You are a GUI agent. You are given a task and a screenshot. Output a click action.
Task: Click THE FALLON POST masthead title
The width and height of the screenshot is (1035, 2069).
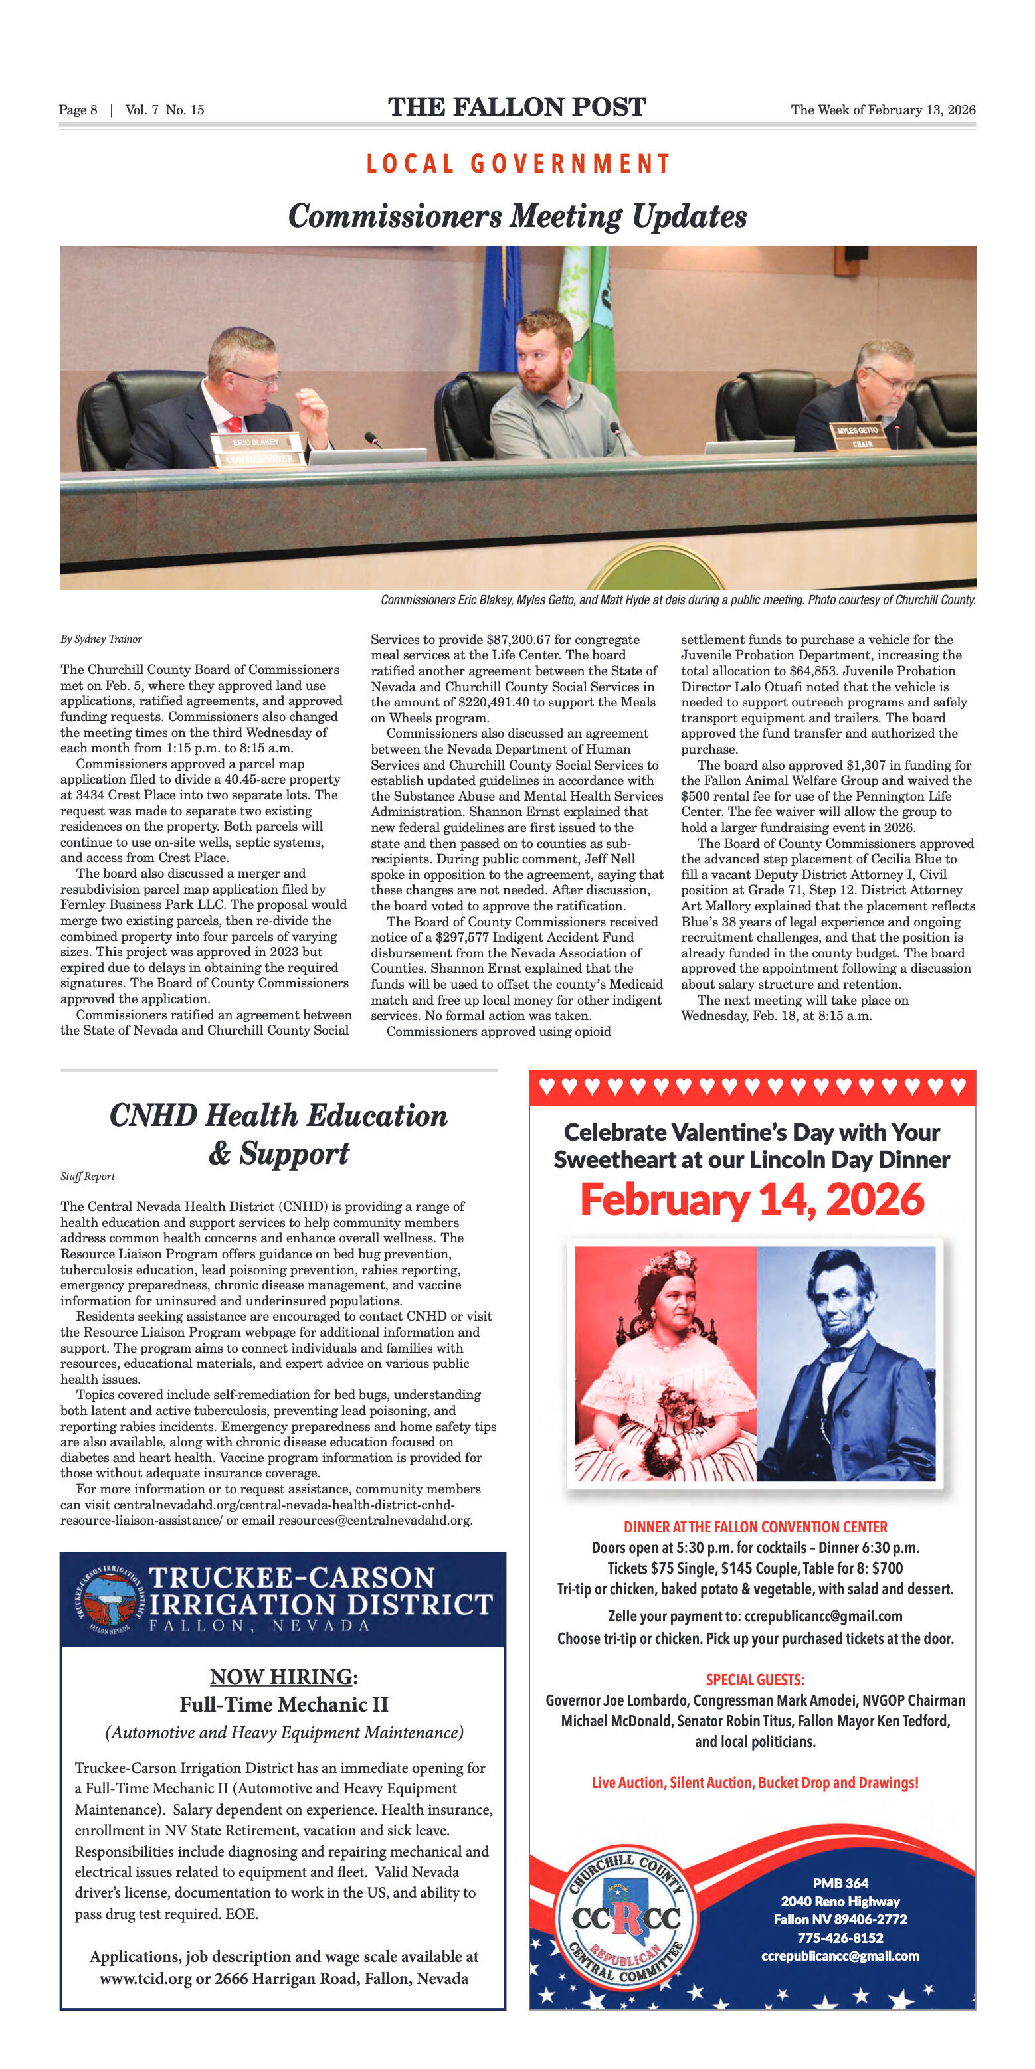pyautogui.click(x=517, y=107)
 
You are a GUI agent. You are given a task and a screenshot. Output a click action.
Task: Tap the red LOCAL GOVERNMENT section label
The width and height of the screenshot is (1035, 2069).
pyautogui.click(x=517, y=164)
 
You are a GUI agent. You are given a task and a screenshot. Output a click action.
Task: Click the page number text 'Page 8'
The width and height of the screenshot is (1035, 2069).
pyautogui.click(x=78, y=110)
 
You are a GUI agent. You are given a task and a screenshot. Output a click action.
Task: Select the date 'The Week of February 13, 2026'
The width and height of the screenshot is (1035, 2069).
pyautogui.click(x=882, y=110)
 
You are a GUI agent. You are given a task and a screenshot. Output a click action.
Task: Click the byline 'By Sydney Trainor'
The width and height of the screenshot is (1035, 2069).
pyautogui.click(x=100, y=639)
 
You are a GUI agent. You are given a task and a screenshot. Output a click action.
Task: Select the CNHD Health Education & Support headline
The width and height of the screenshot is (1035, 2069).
pyautogui.click(x=278, y=1133)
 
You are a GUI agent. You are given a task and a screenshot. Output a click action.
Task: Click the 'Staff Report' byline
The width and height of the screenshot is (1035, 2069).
pyautogui.click(x=88, y=1176)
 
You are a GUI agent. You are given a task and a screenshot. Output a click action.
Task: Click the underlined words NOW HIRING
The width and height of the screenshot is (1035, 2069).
pyautogui.click(x=280, y=1676)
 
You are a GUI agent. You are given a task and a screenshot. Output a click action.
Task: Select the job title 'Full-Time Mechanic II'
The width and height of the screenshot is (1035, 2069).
pyautogui.click(x=284, y=1704)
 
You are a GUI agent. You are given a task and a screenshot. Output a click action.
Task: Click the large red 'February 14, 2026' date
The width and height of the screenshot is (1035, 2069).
pyautogui.click(x=751, y=1200)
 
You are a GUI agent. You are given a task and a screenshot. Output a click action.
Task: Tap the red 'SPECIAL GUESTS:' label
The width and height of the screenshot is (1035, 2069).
pyautogui.click(x=755, y=1679)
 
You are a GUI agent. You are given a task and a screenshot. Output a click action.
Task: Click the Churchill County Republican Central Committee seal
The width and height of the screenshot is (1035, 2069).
pyautogui.click(x=626, y=1919)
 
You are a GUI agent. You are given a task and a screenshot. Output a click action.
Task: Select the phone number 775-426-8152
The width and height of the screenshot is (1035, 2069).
pyautogui.click(x=840, y=1938)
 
